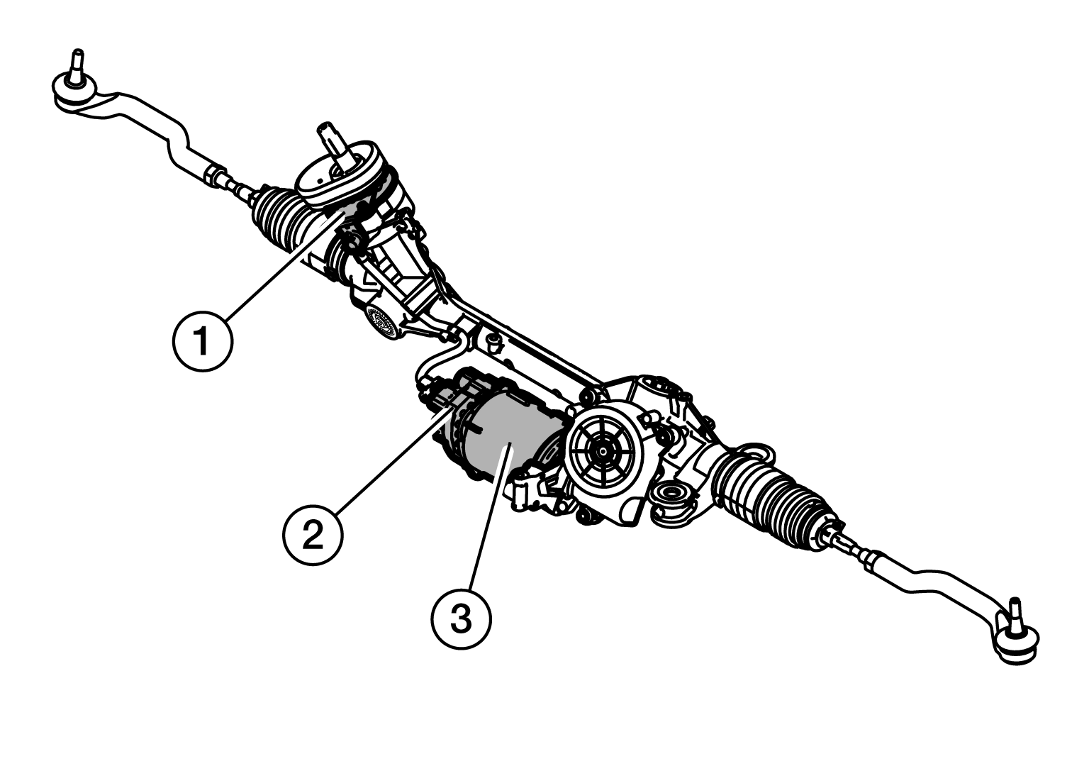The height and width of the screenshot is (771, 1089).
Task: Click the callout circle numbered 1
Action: point(203,343)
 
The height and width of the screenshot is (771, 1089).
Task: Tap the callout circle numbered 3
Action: point(461,619)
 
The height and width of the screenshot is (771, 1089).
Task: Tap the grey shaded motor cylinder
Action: point(505,439)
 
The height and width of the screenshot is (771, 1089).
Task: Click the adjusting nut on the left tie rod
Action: point(215,174)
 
